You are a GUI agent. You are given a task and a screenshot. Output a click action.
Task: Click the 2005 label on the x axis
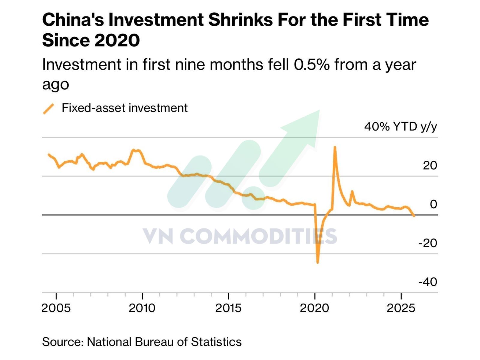pos(56,308)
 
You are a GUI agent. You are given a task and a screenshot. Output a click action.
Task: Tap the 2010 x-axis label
pos(142,308)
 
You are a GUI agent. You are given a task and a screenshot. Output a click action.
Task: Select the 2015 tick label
pos(228,308)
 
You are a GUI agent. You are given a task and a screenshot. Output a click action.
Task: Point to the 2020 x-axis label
pos(314,308)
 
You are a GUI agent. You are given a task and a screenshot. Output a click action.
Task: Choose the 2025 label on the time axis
pos(401,308)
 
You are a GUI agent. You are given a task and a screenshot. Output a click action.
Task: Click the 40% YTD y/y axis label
pos(400,127)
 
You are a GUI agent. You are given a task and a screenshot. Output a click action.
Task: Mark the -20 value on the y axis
pos(427,243)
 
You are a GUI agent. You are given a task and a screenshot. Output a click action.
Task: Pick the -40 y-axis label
pos(427,282)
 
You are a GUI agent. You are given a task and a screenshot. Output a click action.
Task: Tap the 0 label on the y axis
pos(433,204)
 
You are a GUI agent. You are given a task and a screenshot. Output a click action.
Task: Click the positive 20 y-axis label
pos(430,165)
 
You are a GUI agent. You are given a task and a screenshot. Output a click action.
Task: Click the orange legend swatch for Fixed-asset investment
pos(49,109)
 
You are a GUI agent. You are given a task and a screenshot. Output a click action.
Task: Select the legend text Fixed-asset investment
pos(124,108)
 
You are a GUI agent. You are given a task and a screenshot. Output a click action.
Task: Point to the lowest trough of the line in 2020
pos(318,262)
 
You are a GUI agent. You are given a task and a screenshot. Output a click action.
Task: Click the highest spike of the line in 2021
pos(335,147)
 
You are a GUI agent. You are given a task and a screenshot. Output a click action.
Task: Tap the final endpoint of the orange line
pos(414,216)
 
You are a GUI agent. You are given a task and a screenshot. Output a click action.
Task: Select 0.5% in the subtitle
pos(311,64)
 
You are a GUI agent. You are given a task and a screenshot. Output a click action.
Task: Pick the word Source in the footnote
pos(62,342)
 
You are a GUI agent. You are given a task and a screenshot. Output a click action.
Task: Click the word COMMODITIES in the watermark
pos(258,236)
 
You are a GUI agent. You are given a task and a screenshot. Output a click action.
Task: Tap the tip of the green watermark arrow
pos(319,110)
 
